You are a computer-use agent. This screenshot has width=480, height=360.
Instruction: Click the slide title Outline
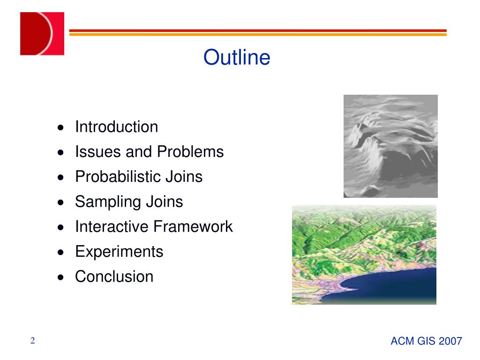pos(237,57)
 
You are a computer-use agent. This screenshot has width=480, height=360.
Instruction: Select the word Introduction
pos(117,127)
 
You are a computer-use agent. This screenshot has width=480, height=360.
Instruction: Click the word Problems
pos(190,151)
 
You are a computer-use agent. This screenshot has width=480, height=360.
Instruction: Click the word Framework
pos(193,226)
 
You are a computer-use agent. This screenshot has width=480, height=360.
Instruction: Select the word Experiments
pos(120,252)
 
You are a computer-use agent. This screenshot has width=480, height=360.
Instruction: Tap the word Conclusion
pos(114,277)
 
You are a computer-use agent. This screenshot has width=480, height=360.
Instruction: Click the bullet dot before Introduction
pos(61,127)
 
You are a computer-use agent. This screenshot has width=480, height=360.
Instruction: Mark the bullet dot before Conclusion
pos(61,277)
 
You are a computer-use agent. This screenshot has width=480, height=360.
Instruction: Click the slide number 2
pos(33,341)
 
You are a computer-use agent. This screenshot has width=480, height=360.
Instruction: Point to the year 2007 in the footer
pos(450,341)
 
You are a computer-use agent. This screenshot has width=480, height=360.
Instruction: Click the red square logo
pos(42,34)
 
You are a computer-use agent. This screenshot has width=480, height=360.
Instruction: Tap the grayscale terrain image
pos(390,146)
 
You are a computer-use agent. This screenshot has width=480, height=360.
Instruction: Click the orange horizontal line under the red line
pos(258,35)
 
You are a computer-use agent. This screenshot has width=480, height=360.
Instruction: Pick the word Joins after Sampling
pos(165,202)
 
